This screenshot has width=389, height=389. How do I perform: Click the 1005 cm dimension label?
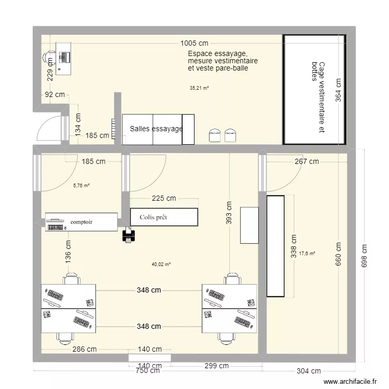(195, 44)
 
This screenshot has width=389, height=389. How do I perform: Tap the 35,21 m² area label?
(199, 88)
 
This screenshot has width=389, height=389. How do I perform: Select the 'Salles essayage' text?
(156, 129)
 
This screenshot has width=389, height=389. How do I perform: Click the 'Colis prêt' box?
(164, 217)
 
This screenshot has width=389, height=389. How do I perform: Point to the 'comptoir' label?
(81, 222)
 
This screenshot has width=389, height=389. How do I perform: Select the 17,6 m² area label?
(307, 254)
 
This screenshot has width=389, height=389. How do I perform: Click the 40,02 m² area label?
(161, 265)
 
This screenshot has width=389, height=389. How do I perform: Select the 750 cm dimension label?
(148, 371)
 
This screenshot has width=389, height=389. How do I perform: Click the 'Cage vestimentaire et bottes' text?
(318, 98)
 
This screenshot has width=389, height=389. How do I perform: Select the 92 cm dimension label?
(54, 95)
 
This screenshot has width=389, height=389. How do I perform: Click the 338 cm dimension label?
(294, 246)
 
